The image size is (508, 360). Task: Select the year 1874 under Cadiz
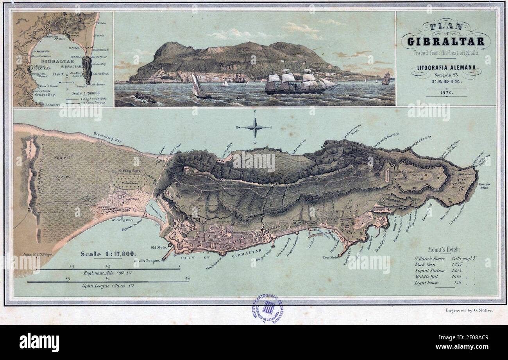[x=446, y=93]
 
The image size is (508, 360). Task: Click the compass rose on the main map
[x=255, y=127]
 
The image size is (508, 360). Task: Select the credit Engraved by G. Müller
[x=469, y=310]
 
